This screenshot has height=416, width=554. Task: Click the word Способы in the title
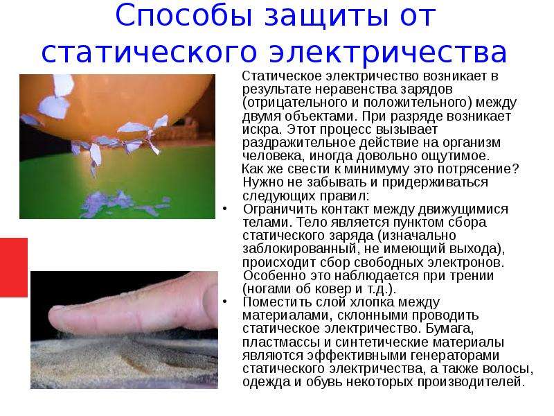(183, 16)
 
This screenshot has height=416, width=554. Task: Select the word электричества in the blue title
(388, 53)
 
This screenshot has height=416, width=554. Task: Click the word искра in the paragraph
(259, 130)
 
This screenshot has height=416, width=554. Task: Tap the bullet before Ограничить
(225, 209)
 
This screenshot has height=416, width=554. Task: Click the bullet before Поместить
(225, 302)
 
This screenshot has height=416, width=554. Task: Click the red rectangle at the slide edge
(13, 268)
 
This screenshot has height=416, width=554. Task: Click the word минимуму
(376, 168)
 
